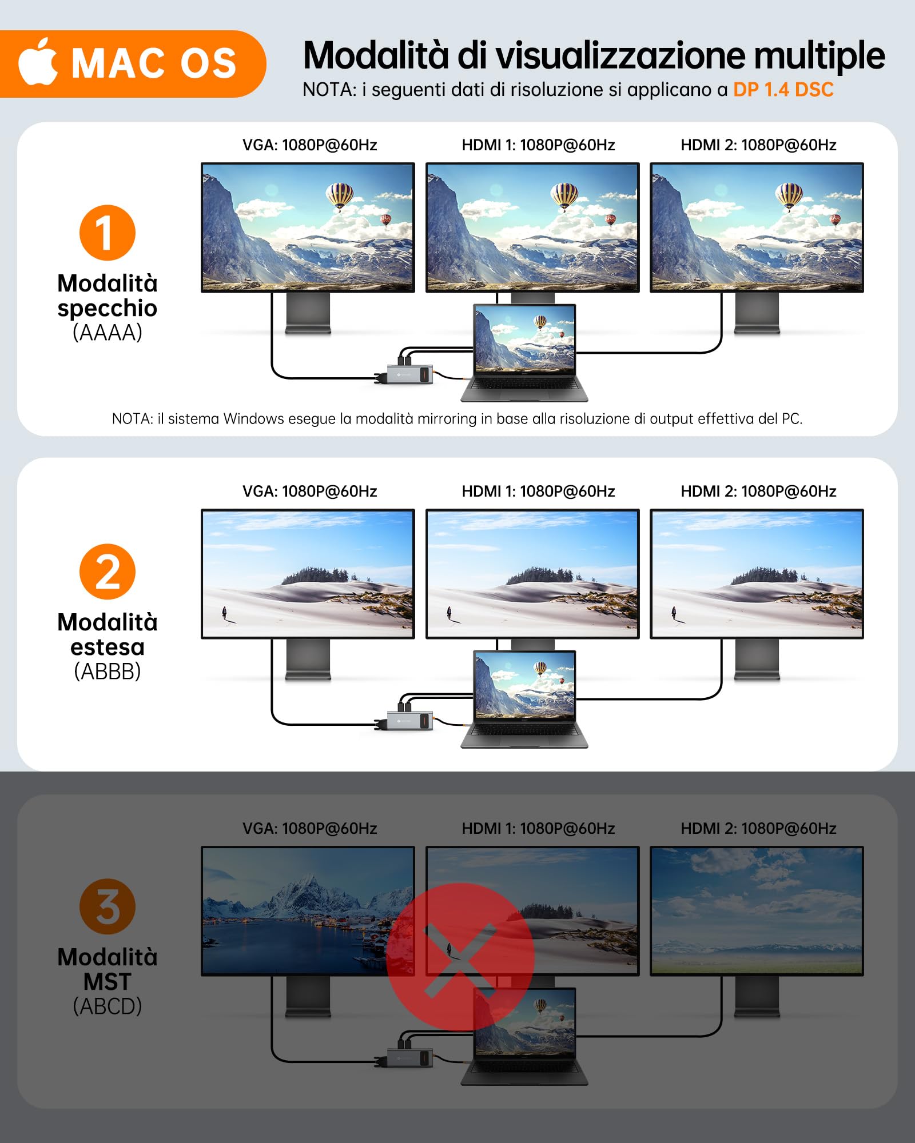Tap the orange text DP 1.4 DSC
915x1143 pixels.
783,90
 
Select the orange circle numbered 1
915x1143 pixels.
108,233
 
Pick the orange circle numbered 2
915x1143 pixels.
108,571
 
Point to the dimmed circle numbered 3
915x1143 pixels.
108,906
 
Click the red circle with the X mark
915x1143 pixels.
460,957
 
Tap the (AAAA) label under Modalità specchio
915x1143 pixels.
108,332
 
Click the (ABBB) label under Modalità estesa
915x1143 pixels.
108,671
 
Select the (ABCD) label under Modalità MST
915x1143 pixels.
108,1006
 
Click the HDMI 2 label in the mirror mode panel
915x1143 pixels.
758,145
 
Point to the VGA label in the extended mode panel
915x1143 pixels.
309,491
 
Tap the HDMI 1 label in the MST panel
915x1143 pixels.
538,829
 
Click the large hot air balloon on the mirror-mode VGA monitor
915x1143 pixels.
339,195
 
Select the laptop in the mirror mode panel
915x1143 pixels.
524,351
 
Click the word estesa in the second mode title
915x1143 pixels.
108,647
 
